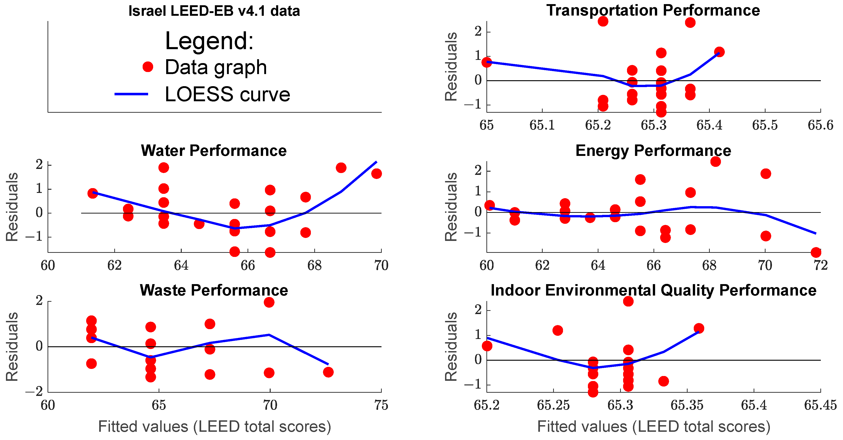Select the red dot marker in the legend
tap(148, 67)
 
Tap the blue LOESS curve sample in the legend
tap(131, 94)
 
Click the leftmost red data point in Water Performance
tap(93, 193)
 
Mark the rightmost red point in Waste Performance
tap(328, 372)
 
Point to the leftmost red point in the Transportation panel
tap(487, 62)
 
